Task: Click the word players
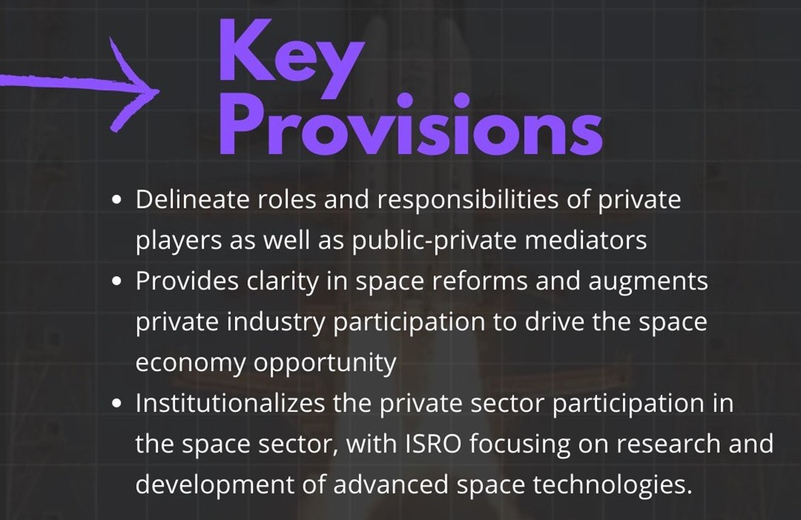click(x=178, y=241)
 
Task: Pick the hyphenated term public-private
click(x=434, y=241)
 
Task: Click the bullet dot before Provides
click(x=118, y=282)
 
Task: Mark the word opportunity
click(x=325, y=364)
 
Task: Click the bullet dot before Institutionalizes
click(x=118, y=404)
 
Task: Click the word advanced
click(x=392, y=485)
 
